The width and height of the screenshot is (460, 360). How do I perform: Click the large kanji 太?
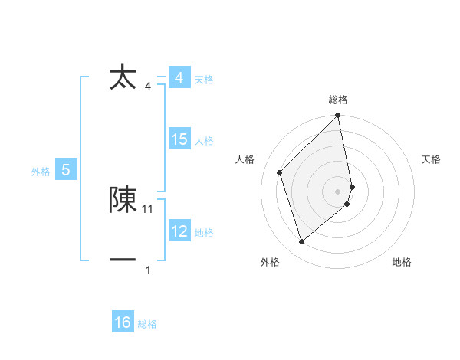coord(123,77)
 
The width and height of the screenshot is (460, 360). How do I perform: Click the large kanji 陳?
coord(123,199)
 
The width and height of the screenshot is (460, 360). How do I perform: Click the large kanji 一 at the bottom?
coord(123,260)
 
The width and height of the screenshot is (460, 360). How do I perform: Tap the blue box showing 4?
coord(179,78)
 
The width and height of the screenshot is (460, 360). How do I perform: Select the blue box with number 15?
coord(179,139)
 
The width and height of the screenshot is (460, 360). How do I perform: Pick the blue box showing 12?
coord(179,231)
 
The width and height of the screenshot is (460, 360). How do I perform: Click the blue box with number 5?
coord(66,170)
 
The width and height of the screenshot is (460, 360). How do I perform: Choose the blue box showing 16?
coord(123,322)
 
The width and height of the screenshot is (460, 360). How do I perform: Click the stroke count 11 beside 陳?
coord(148,208)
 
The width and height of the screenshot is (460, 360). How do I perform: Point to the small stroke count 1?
coord(148,270)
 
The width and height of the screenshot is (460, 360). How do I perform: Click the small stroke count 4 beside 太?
coord(148,86)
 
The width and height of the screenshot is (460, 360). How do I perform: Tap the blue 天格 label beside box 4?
coord(204,80)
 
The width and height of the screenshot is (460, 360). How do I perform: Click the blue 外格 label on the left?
coord(41,172)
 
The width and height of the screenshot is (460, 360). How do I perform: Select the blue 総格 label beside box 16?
coord(147,324)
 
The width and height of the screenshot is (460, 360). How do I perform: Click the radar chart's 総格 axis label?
coord(338,100)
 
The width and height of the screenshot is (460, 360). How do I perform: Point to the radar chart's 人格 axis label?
coord(245,159)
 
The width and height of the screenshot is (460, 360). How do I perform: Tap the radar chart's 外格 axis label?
coord(270,262)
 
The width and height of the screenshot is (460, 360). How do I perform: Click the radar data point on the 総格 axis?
coord(338,116)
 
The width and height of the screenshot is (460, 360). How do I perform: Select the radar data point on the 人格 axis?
coord(280,172)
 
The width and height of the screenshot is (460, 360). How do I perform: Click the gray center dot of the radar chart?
coord(338,191)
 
